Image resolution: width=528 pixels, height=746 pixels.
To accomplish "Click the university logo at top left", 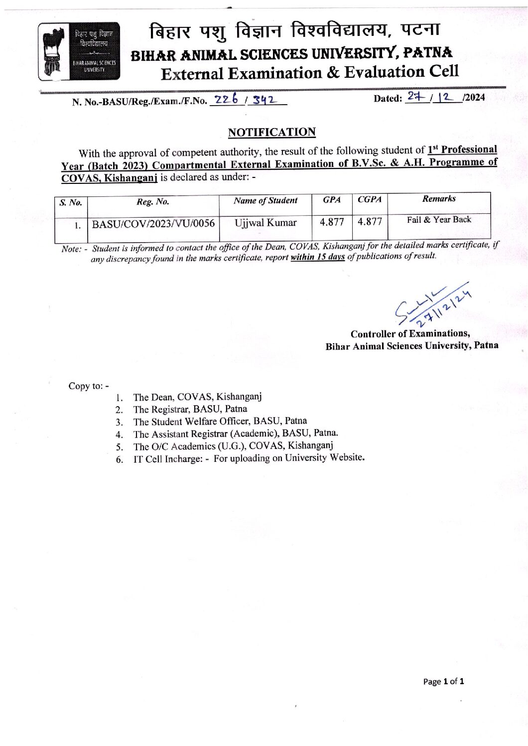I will click(79, 51).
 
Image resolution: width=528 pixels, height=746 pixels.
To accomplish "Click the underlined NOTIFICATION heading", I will click(271, 132).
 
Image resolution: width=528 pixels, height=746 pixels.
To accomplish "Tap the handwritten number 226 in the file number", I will click(224, 100).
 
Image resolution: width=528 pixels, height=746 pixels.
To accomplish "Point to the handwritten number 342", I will click(264, 101).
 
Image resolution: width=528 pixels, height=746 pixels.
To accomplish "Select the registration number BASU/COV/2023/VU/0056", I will click(153, 224).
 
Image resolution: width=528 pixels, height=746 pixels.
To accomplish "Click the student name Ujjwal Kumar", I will click(265, 223).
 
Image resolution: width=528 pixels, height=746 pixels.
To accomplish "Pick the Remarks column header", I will click(439, 199).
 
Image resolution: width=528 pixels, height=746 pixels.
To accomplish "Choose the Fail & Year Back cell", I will click(439, 220).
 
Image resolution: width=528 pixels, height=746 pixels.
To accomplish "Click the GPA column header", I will click(332, 200).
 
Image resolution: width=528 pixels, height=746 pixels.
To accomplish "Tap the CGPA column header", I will click(370, 199).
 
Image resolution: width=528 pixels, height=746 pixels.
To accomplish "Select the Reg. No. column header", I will click(153, 202).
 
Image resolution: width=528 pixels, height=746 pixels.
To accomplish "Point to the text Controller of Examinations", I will click(410, 334).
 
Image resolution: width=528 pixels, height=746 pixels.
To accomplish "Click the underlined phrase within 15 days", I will click(318, 257).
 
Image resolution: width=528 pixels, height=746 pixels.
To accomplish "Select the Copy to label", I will click(88, 386).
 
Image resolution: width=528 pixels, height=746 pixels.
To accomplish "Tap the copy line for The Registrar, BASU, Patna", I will click(190, 409).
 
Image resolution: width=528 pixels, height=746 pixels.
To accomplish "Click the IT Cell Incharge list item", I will click(249, 458).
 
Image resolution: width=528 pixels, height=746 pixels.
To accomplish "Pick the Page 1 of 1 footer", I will click(443, 681).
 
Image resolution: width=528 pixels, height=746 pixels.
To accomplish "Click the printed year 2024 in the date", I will click(475, 98).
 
